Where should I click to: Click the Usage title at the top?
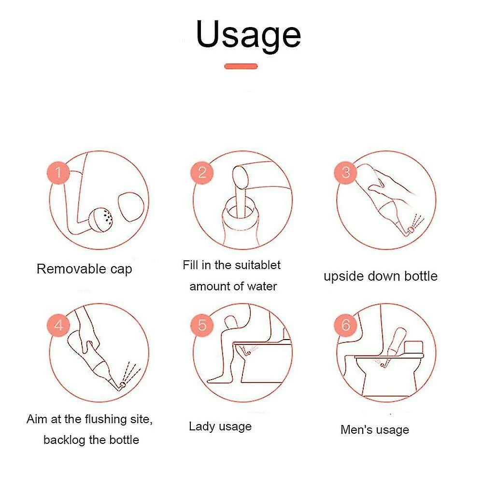248,35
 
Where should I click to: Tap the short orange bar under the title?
241,66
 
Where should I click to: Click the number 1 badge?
58,172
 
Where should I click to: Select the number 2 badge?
202,172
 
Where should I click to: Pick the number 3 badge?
345,172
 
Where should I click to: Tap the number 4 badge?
58,325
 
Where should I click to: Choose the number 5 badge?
202,325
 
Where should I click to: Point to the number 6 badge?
345,325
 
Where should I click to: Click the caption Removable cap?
84,269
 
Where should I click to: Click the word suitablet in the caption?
257,265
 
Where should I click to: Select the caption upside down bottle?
380,276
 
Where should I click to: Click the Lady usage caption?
220,426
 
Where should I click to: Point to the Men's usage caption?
374,430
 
